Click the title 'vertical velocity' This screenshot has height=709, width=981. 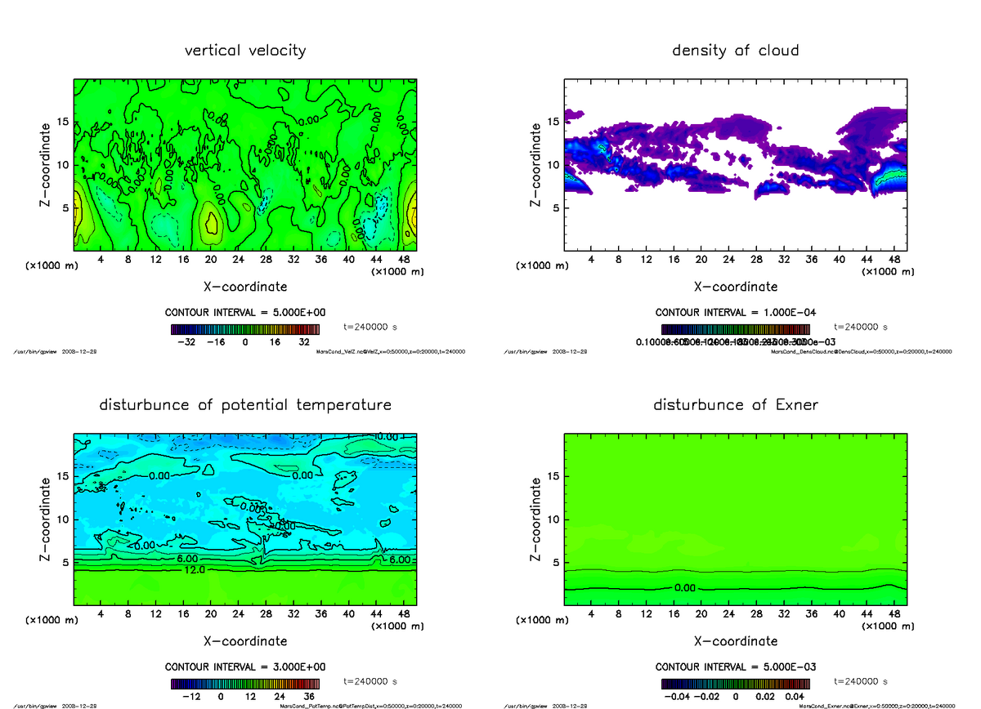click(x=245, y=51)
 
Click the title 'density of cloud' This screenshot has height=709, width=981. click(x=735, y=51)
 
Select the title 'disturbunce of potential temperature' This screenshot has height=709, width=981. click(x=245, y=405)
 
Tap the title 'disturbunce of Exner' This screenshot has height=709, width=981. click(x=735, y=405)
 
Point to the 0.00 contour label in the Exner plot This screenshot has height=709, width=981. click(x=685, y=587)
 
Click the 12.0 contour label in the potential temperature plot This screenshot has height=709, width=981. click(x=195, y=569)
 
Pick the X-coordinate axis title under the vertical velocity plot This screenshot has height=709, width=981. click(x=245, y=287)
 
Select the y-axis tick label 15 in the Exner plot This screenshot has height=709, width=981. click(x=553, y=476)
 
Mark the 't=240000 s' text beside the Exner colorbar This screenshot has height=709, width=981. click(x=861, y=681)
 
